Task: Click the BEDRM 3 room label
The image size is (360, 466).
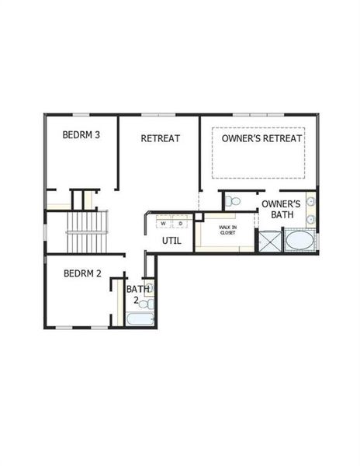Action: [x=81, y=134]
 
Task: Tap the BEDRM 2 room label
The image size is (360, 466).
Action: [x=83, y=273]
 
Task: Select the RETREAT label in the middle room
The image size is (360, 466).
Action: [x=161, y=138]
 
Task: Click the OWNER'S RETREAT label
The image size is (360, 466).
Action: [x=258, y=138]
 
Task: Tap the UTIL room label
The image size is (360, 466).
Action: [x=171, y=240]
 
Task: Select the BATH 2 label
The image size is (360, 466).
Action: [x=133, y=294]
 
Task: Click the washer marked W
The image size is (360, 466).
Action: [x=164, y=223]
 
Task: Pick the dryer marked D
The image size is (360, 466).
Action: [x=179, y=223]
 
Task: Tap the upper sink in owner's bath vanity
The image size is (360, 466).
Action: [x=310, y=202]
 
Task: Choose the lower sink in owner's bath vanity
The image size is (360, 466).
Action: [x=310, y=220]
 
